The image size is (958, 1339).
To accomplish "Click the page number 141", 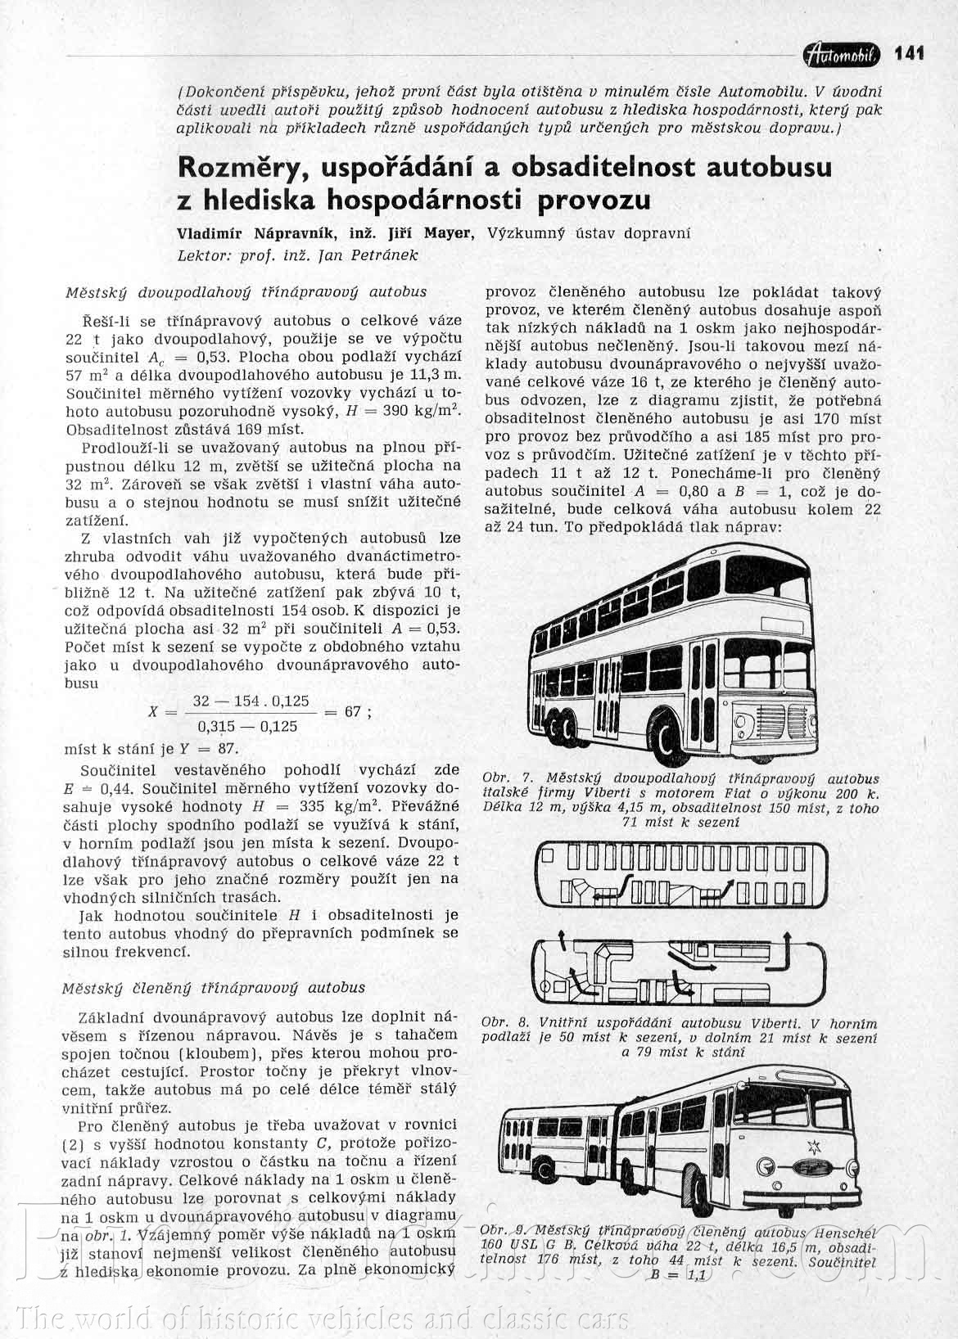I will [x=910, y=53].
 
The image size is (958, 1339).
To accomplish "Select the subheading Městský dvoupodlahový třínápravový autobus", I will [x=246, y=291].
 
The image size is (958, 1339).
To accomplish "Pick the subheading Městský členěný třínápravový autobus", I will [x=215, y=988].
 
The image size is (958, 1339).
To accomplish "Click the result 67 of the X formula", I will [x=352, y=712].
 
